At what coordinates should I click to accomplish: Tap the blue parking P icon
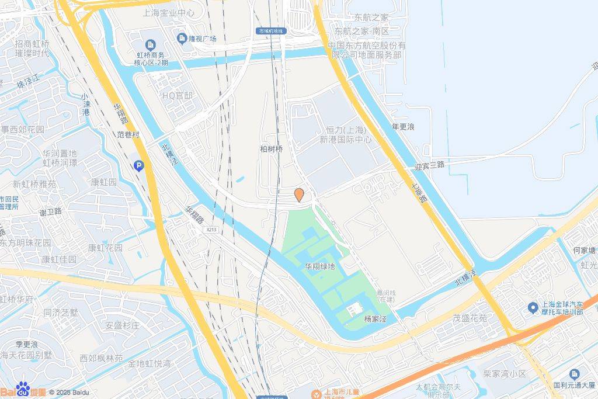click(139, 166)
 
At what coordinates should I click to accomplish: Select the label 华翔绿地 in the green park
click(320, 266)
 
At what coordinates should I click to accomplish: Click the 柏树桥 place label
click(271, 149)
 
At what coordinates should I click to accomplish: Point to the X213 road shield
click(211, 230)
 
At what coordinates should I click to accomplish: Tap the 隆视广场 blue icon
click(182, 39)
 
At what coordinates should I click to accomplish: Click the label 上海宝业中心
click(168, 12)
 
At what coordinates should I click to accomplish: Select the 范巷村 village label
click(129, 134)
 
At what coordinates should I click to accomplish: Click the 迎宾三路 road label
click(429, 165)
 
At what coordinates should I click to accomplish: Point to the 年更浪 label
click(403, 126)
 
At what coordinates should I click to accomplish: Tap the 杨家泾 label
click(376, 319)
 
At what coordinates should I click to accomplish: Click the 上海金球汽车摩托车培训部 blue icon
click(532, 307)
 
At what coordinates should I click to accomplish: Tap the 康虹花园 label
click(105, 247)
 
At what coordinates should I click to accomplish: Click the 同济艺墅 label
click(60, 313)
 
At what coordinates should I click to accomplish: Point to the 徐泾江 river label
click(28, 82)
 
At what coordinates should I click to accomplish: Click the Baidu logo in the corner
click(23, 390)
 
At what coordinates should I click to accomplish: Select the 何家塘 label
click(584, 251)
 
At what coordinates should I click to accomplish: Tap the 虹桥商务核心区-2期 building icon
click(151, 44)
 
